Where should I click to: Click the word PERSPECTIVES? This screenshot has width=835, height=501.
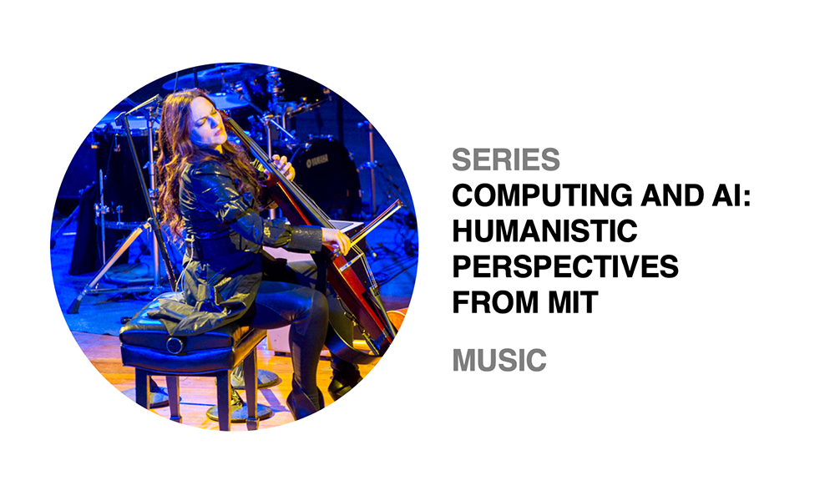pyautogui.click(x=565, y=266)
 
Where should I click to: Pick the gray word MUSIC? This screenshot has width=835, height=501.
pyautogui.click(x=499, y=360)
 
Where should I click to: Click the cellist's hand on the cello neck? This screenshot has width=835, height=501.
pyautogui.click(x=283, y=167)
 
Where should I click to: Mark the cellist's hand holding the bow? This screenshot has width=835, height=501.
pyautogui.click(x=338, y=242)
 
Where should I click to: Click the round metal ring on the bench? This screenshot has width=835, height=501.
pyautogui.click(x=174, y=345)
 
